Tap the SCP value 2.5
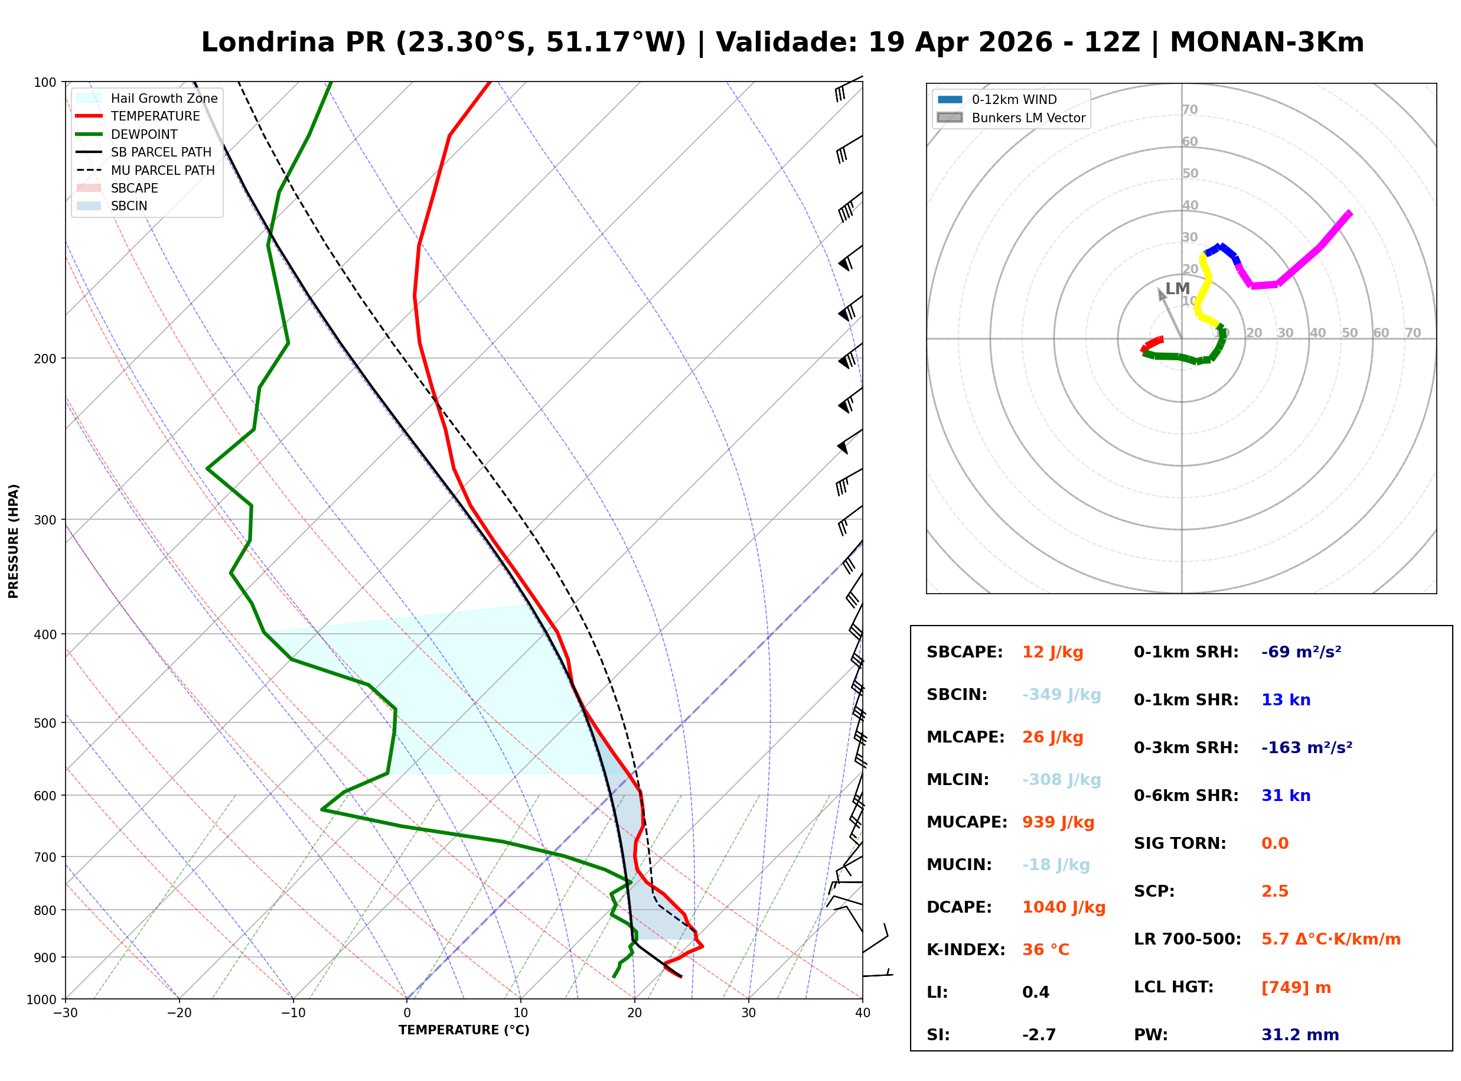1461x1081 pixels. point(1274,891)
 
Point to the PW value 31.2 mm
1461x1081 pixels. point(1299,1034)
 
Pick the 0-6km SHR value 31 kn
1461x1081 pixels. point(1285,796)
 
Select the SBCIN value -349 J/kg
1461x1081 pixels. point(1061,694)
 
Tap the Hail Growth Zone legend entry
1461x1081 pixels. point(164,98)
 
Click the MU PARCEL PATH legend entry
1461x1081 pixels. point(162,170)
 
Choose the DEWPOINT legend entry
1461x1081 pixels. point(144,134)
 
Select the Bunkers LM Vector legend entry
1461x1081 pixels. point(1028,118)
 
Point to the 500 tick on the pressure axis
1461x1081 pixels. point(44,723)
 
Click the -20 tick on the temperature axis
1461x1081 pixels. point(178,1013)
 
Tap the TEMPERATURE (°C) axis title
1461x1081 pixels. point(464,1030)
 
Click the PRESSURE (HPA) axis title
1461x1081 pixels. point(13,540)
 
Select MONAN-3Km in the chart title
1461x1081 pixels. point(1266,43)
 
